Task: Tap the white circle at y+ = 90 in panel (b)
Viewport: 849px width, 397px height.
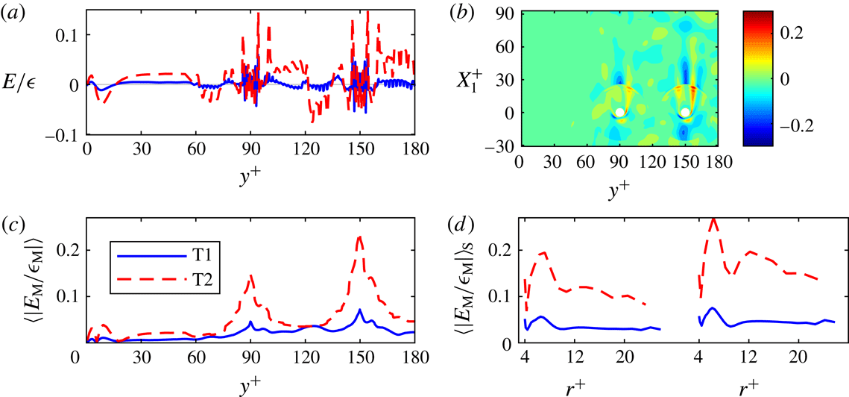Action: point(620,113)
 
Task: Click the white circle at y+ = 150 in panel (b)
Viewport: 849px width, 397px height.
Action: point(685,113)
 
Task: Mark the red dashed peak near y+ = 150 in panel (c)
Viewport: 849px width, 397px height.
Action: point(360,237)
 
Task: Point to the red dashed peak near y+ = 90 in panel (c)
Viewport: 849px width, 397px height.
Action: point(251,275)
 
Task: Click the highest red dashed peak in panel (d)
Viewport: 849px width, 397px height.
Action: point(713,219)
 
